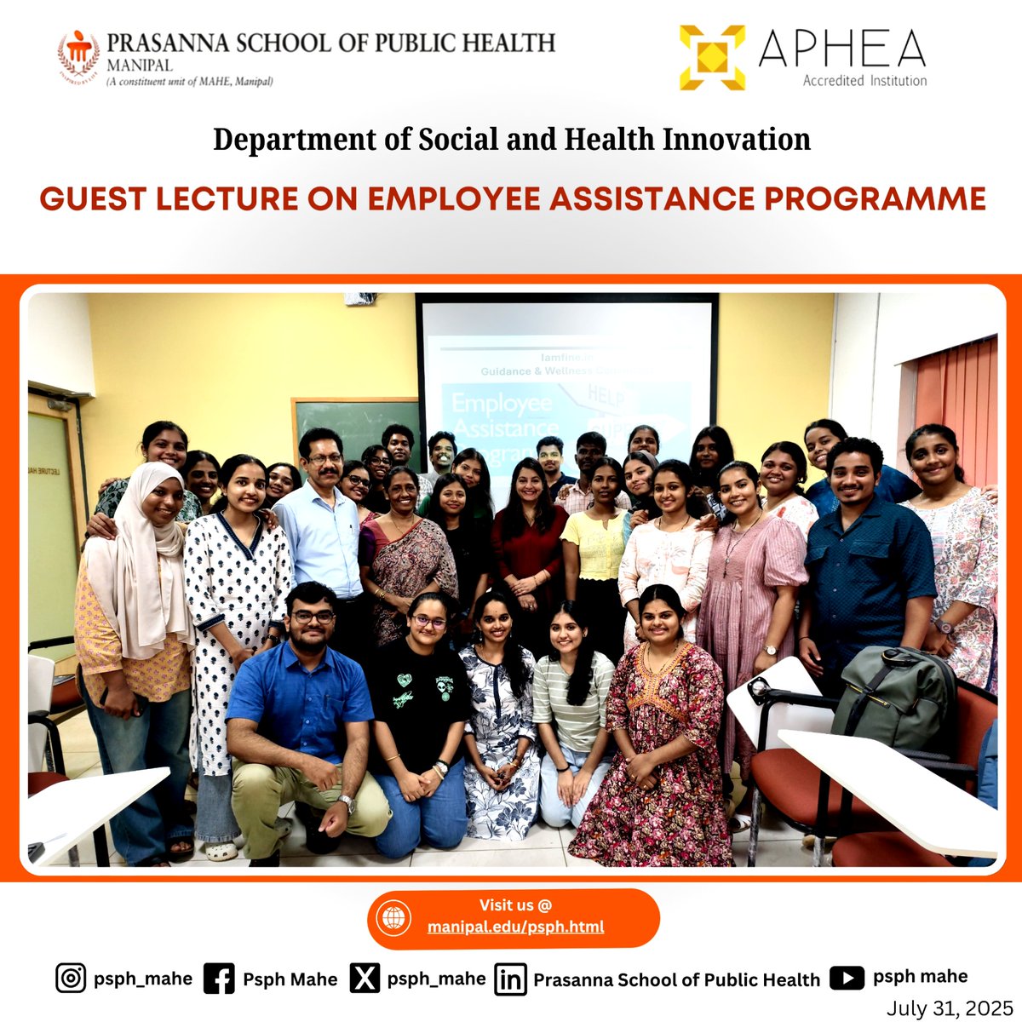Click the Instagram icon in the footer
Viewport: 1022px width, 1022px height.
tap(71, 979)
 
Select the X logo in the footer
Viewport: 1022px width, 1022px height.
tap(365, 979)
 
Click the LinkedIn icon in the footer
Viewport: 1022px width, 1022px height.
tap(510, 979)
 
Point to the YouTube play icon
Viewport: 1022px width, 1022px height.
tap(847, 978)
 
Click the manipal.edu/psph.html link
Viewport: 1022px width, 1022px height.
tap(515, 927)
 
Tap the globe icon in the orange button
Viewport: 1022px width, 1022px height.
tap(393, 918)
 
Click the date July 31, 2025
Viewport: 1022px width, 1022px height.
tap(949, 1008)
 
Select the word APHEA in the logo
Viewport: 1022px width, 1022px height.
tap(841, 49)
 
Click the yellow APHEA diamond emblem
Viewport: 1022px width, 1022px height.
tap(712, 57)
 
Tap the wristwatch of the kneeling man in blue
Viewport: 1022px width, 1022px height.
tap(345, 802)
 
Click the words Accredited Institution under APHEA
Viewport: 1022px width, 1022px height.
tap(864, 81)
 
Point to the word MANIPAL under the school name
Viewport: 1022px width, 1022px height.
tap(140, 66)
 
